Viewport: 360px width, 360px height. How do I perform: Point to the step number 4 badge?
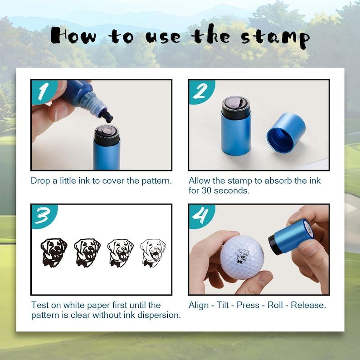click(x=200, y=215)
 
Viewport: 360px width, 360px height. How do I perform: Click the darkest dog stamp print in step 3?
click(x=54, y=252)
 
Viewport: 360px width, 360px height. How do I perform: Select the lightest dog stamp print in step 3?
click(x=153, y=252)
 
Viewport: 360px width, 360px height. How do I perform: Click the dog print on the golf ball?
click(x=242, y=255)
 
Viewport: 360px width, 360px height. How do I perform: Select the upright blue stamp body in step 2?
click(x=235, y=131)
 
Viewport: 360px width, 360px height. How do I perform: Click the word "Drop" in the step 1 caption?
click(x=40, y=180)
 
